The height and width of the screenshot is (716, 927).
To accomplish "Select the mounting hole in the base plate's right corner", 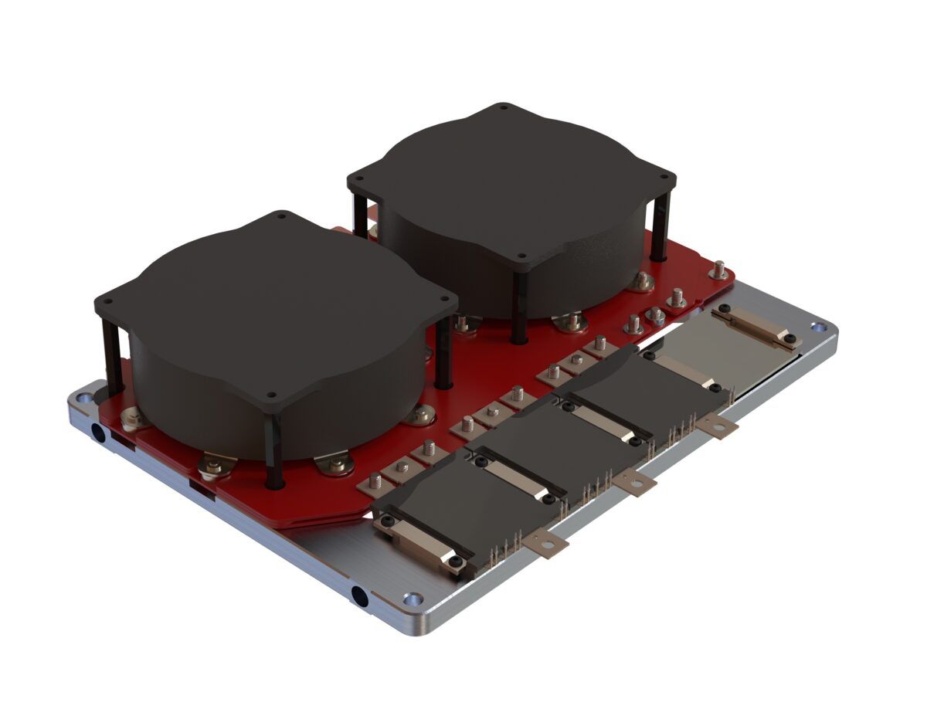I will coord(817,327).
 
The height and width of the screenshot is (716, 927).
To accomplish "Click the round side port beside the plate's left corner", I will coord(98,433).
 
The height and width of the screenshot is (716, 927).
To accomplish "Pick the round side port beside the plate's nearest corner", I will coord(359,596).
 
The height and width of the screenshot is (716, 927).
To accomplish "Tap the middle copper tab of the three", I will coord(635,484).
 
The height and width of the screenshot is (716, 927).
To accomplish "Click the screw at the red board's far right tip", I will coord(718,270).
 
